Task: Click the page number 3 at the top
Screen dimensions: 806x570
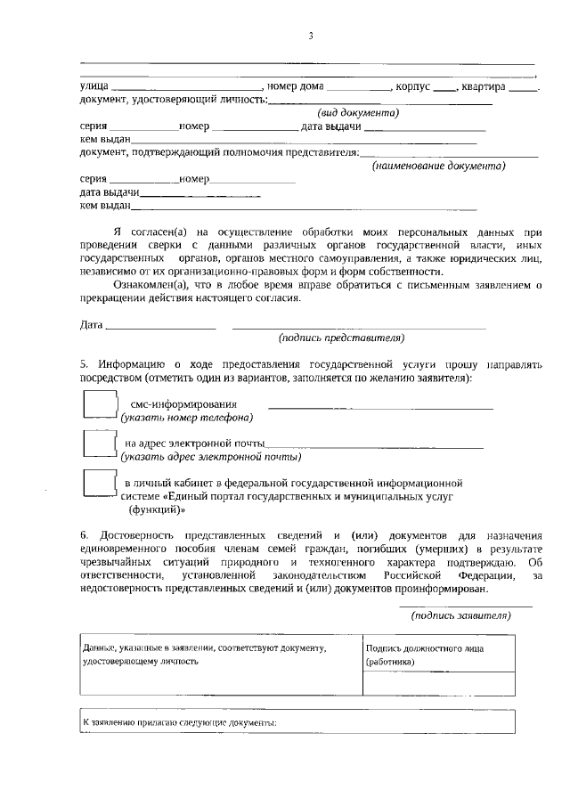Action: tap(311, 36)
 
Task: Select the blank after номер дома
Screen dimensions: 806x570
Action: tap(358, 88)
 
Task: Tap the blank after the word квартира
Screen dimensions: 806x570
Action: tap(523, 88)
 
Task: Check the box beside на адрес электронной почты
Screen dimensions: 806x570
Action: tap(99, 443)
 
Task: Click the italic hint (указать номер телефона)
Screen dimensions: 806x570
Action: tap(187, 417)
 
